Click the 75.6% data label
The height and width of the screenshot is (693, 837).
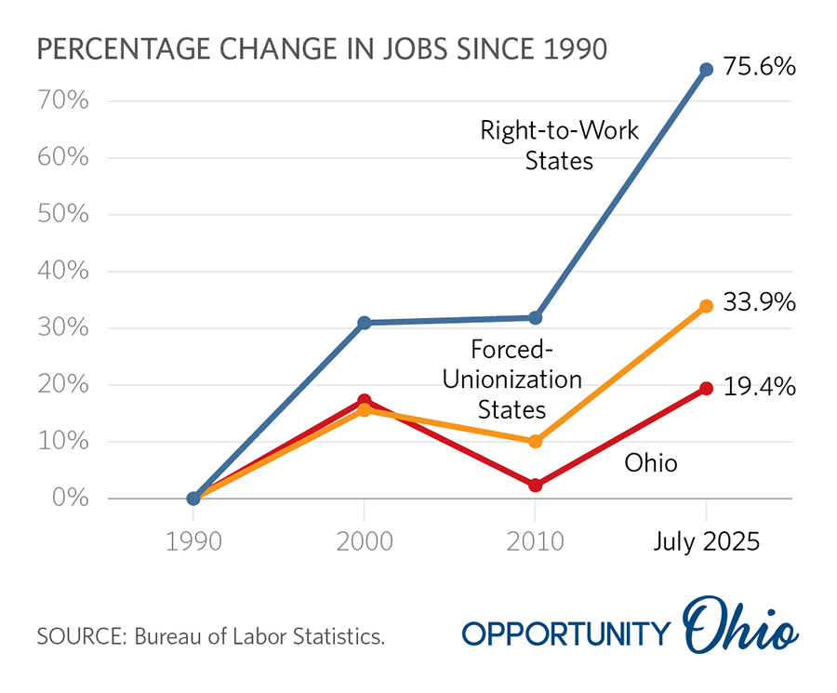759,68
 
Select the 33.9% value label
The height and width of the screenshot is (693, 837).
759,304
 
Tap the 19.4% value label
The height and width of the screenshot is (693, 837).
759,387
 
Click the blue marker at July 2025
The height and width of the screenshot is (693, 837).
706,70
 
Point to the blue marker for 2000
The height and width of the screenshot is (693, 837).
365,323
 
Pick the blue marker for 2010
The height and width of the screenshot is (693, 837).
536,318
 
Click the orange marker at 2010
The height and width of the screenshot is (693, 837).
536,441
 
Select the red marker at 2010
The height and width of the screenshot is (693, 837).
536,486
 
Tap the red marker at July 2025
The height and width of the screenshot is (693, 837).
706,389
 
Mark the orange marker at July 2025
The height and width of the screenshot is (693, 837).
706,306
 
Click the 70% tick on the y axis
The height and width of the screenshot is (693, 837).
63,100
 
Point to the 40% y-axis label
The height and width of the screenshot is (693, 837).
63,272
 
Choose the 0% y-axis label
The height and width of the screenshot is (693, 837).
69,499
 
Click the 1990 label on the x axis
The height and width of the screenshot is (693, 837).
193,541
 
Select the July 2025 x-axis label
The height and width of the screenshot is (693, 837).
705,541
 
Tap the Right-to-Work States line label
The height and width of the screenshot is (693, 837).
559,144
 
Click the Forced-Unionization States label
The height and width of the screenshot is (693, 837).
511,380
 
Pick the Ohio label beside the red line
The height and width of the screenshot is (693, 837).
650,462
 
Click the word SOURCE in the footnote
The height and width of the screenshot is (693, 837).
81,637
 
